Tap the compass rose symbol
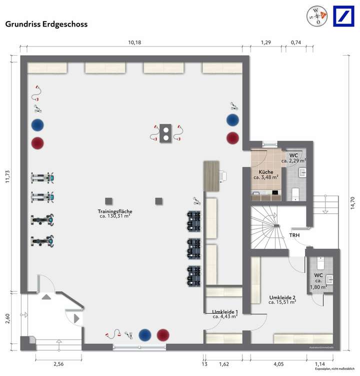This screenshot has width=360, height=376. tap(316, 16)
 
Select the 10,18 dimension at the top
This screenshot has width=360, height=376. tap(134, 43)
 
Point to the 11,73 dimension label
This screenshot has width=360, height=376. tap(7, 175)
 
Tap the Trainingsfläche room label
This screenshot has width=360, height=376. tap(115, 214)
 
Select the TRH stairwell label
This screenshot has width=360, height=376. tap(294, 235)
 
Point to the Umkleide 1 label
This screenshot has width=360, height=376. tap(224, 311)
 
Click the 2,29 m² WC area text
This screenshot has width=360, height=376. tap(293, 161)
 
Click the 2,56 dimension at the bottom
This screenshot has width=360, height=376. tap(58, 364)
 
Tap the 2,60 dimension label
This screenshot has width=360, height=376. tap(7, 319)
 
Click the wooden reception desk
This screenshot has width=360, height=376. tap(211, 175)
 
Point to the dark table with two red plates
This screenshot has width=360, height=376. tap(165, 132)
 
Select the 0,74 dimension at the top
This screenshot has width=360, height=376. tap(296, 43)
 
